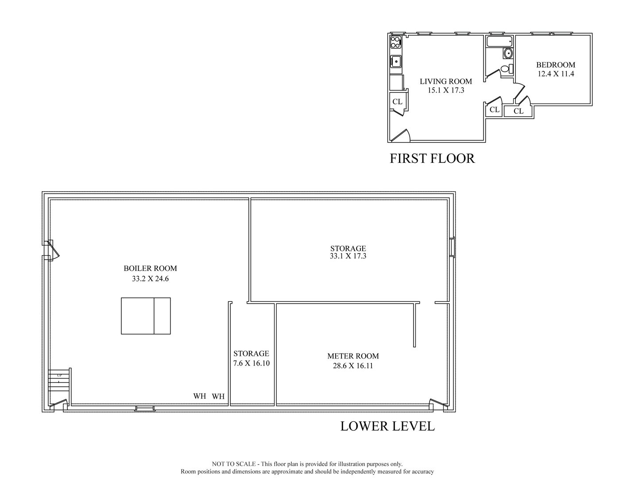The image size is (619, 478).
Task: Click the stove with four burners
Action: pyautogui.click(x=395, y=42)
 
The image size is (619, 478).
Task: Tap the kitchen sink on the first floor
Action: pyautogui.click(x=396, y=62)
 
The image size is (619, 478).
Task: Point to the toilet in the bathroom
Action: pyautogui.click(x=506, y=69)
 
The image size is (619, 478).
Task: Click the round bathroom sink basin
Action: pyautogui.click(x=508, y=54)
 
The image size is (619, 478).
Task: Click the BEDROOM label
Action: pyautogui.click(x=556, y=65)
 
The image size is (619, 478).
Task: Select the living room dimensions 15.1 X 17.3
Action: pyautogui.click(x=445, y=90)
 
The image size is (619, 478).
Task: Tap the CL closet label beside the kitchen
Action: pyautogui.click(x=397, y=102)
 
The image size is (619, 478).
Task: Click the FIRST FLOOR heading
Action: pyautogui.click(x=432, y=158)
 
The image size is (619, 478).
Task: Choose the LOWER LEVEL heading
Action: pyautogui.click(x=387, y=426)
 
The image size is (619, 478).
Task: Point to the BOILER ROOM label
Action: pyautogui.click(x=150, y=268)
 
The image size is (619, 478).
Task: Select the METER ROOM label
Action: pyautogui.click(x=353, y=356)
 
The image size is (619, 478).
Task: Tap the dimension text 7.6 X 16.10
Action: pyautogui.click(x=251, y=363)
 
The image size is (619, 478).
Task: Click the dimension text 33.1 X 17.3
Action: pyautogui.click(x=348, y=256)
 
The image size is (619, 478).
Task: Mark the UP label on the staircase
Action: pyautogui.click(x=59, y=375)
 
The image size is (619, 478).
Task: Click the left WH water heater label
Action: pyautogui.click(x=200, y=396)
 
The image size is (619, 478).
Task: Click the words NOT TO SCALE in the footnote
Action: pyautogui.click(x=234, y=464)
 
